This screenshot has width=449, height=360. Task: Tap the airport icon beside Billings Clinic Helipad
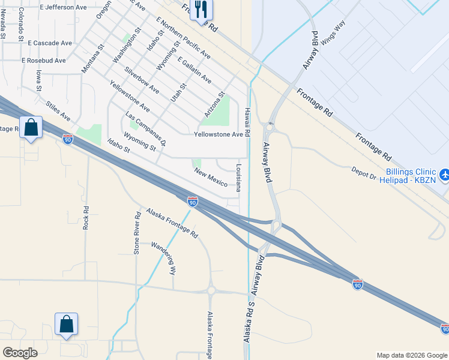[x=444, y=174]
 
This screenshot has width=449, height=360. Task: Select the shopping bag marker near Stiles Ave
[x=31, y=127]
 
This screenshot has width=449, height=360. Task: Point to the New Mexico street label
[x=211, y=177]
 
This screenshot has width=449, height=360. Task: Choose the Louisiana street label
[x=238, y=178]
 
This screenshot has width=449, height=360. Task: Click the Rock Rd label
[x=86, y=218]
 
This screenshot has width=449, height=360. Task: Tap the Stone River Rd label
[x=137, y=233]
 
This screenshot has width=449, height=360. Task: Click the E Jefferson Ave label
[x=64, y=7]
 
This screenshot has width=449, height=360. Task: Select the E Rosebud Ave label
[x=43, y=61]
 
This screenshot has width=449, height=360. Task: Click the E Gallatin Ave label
[x=194, y=70]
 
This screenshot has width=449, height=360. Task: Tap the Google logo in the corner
[x=20, y=353]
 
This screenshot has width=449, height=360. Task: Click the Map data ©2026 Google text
[x=411, y=355]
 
